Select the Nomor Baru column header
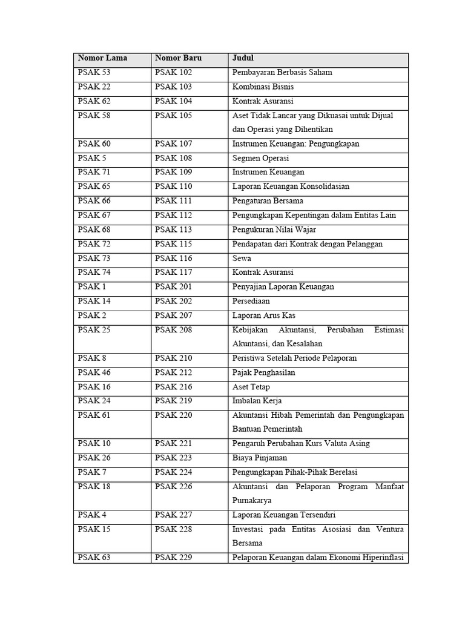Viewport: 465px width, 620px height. point(178,58)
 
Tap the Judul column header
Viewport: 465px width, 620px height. point(243,58)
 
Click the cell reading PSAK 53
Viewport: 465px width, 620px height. point(94,73)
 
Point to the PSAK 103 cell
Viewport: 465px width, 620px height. point(173,87)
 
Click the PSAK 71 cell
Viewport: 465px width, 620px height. point(94,173)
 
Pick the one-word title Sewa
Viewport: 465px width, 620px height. point(242,258)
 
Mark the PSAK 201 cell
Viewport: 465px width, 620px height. point(173,286)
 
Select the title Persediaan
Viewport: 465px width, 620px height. point(251,301)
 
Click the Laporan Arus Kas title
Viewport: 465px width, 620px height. point(264,315)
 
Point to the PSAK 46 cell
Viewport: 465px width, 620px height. point(94,372)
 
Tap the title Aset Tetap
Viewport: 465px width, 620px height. point(251,387)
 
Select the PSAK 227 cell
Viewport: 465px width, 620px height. point(173,515)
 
